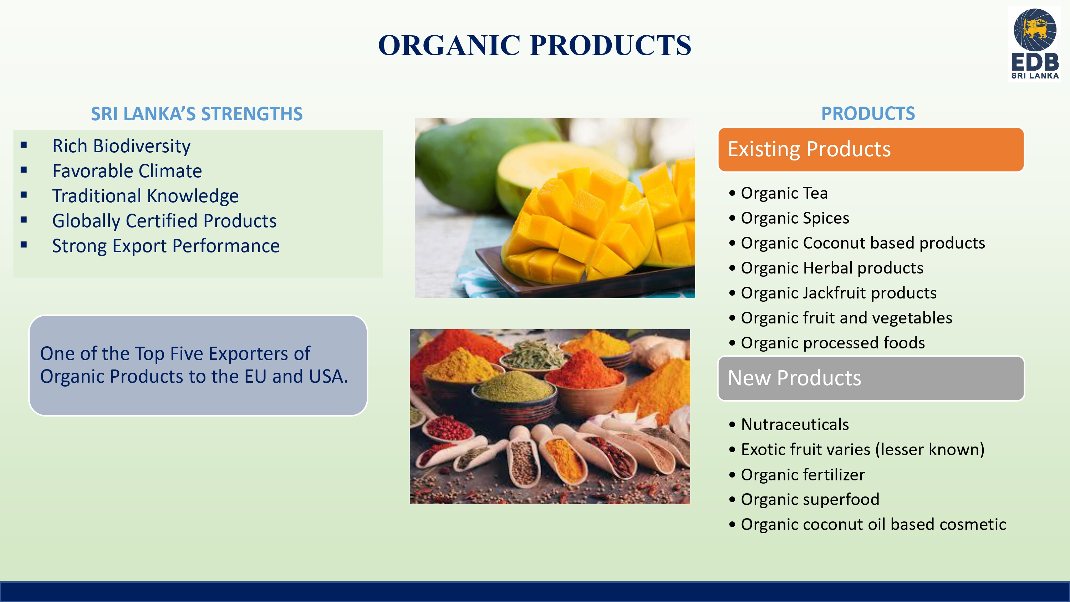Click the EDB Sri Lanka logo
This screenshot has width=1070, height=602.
pyautogui.click(x=1035, y=44)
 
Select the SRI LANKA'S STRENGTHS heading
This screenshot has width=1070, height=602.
pyautogui.click(x=197, y=114)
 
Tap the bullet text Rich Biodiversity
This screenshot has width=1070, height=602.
pyautogui.click(x=121, y=146)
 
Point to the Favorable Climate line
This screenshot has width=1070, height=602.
pyautogui.click(x=127, y=171)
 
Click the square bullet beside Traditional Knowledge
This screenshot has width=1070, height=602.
pyautogui.click(x=24, y=194)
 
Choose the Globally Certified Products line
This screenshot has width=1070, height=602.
pyautogui.click(x=164, y=221)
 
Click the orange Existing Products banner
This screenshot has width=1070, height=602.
pyautogui.click(x=871, y=149)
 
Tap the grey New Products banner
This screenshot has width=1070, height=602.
pyautogui.click(x=871, y=378)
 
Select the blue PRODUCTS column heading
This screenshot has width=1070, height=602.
pyautogui.click(x=868, y=113)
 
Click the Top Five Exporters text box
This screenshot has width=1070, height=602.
pyautogui.click(x=198, y=366)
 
